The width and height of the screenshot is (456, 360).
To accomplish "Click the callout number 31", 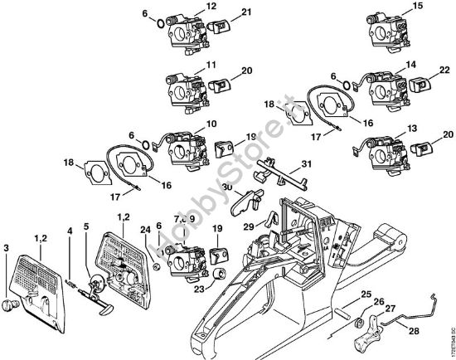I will pyautogui.click(x=283, y=163).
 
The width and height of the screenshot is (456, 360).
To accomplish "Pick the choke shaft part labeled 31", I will pyautogui.click(x=277, y=175).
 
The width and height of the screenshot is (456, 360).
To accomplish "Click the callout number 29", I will pyautogui.click(x=247, y=225).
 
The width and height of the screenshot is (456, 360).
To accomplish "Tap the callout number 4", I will pyautogui.click(x=70, y=231).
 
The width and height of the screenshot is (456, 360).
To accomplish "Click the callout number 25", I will pyautogui.click(x=366, y=294).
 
